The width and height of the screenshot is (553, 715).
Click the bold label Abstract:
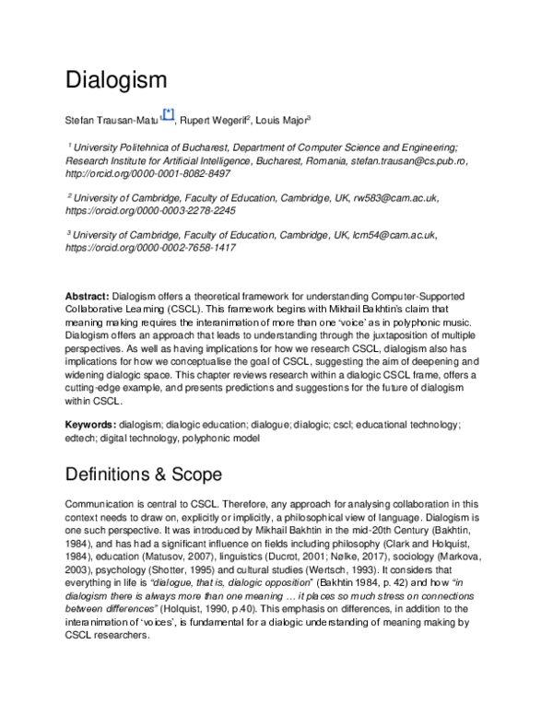[87, 297]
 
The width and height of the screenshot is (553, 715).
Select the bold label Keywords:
[90, 424]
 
